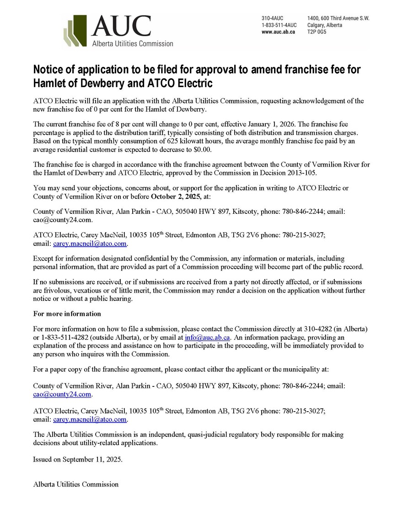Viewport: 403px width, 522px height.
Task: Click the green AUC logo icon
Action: (x=74, y=30)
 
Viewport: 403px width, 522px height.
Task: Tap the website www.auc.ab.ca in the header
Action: (x=278, y=32)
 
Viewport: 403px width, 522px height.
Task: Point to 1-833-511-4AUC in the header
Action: (x=279, y=25)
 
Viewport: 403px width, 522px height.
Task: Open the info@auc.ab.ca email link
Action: (x=207, y=337)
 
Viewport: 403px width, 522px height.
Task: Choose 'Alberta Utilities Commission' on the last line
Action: (x=76, y=484)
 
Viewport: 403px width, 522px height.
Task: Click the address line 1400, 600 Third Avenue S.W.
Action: (x=339, y=18)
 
